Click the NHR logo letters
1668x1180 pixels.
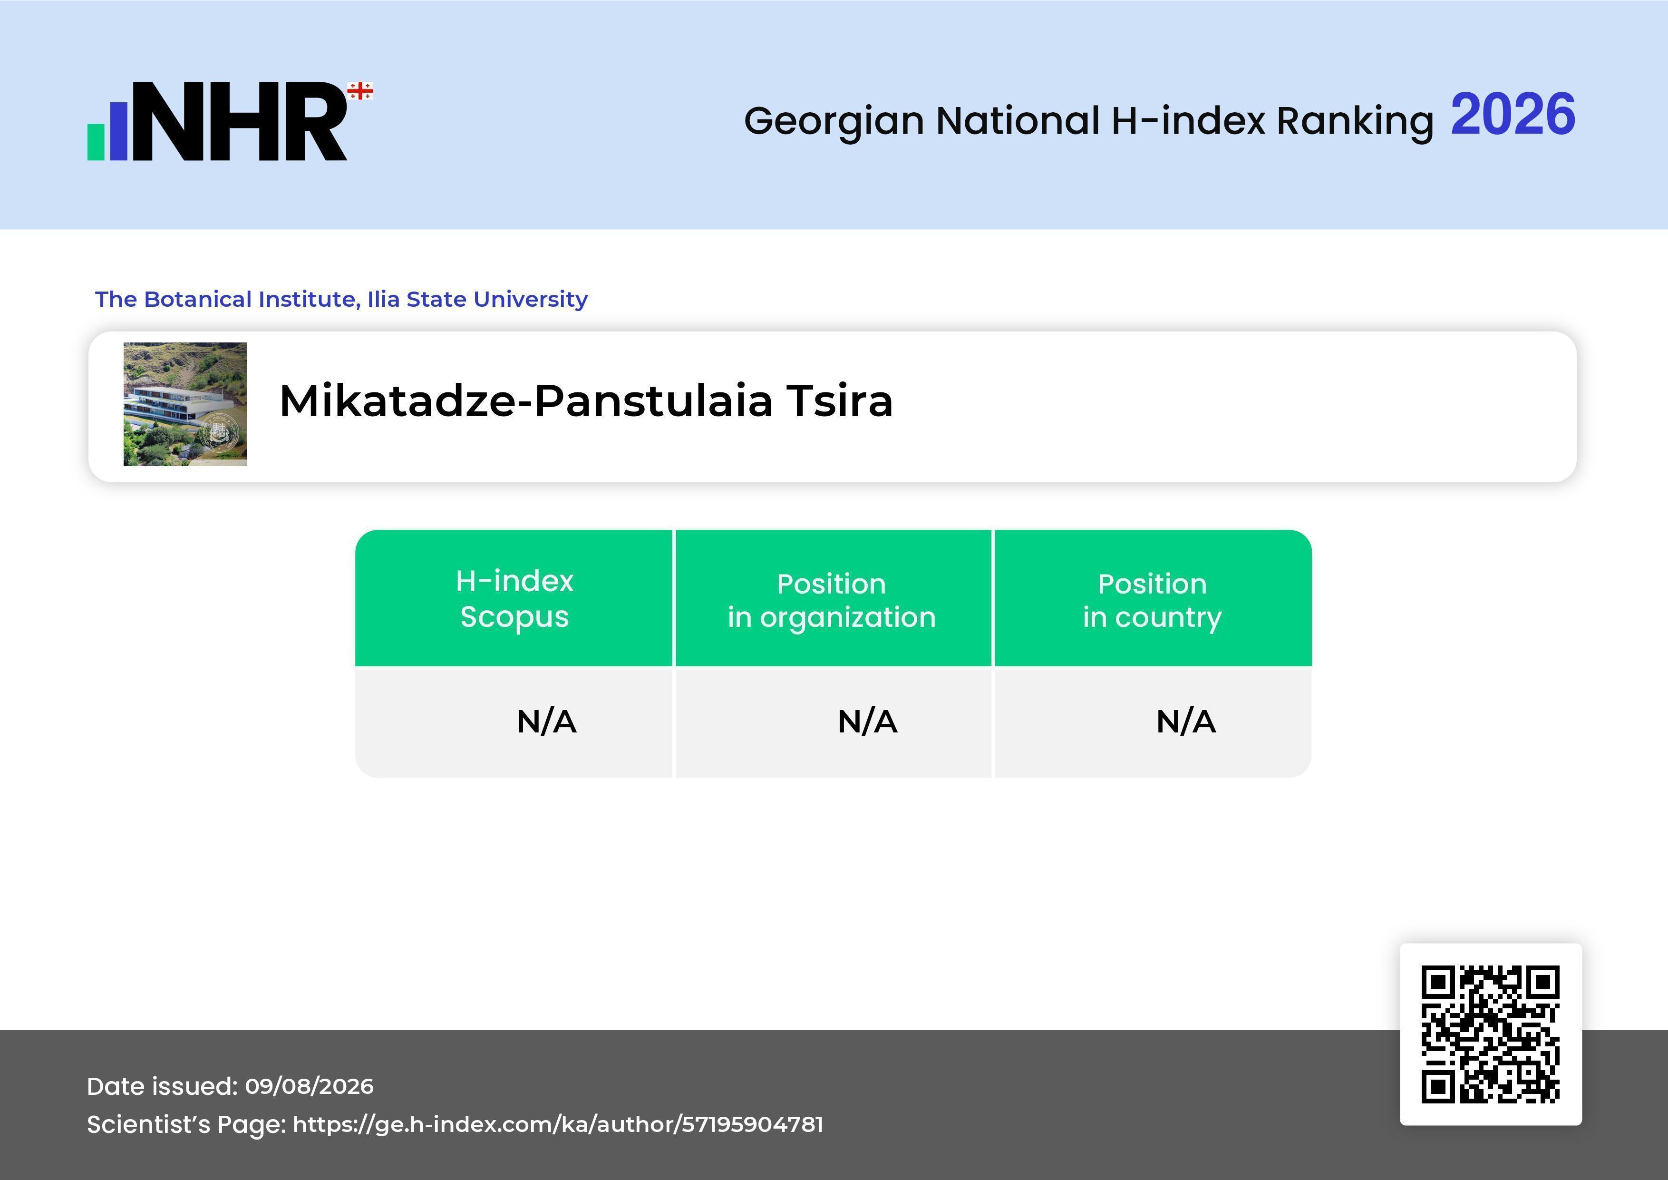coord(239,121)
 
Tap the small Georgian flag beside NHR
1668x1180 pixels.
coord(360,91)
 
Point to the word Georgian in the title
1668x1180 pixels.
coord(834,121)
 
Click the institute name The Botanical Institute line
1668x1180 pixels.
coord(341,299)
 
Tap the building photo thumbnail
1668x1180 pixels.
coord(185,404)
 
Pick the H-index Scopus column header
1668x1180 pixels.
coord(514,599)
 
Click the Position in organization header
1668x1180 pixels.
coord(832,600)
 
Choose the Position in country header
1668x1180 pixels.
coord(1152,600)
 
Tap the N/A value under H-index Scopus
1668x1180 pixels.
coord(546,722)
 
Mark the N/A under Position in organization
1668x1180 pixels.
coord(867,722)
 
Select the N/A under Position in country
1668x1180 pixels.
coord(1185,722)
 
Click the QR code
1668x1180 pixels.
coord(1491,1034)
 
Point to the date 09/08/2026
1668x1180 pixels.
coord(310,1086)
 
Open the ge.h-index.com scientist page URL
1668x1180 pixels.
coord(558,1125)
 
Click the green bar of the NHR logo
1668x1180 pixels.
coord(96,142)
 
